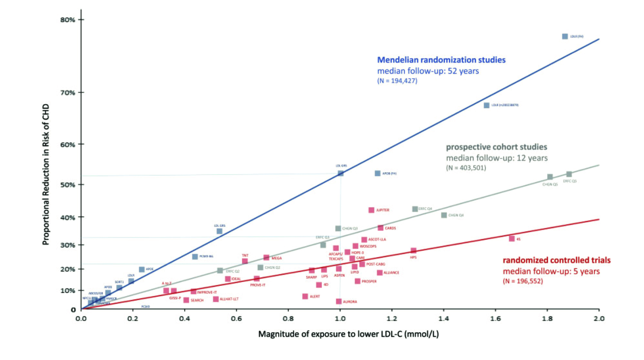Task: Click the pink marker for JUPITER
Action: point(371,210)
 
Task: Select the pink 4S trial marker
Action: point(512,239)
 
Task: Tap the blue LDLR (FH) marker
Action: point(565,36)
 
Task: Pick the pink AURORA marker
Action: point(339,301)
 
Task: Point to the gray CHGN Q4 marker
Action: point(444,215)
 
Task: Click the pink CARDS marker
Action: point(380,228)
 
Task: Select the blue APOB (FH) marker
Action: point(377,173)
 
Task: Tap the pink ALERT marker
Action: point(305,296)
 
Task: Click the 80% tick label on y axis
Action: point(67,20)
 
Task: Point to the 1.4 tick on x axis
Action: point(444,318)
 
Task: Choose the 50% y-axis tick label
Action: point(67,185)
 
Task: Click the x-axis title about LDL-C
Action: point(348,334)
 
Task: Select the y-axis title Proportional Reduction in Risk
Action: point(46,175)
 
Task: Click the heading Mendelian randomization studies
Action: point(441,60)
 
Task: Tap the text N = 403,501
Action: point(466,168)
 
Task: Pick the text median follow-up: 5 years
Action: point(551,271)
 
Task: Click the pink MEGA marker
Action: point(266,258)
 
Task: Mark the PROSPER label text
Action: point(369,281)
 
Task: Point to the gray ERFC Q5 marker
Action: point(569,174)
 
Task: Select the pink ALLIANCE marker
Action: point(380,273)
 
